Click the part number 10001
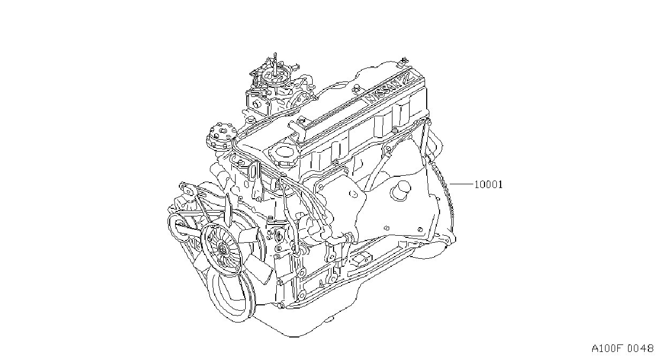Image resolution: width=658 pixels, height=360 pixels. [488, 185]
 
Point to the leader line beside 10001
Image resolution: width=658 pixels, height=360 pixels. [462, 184]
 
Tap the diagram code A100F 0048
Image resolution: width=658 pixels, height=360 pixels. [623, 348]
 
